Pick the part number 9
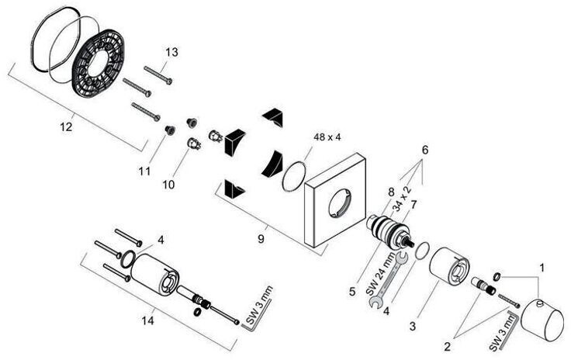(x=261, y=240)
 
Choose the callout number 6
(x=424, y=147)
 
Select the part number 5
(x=352, y=292)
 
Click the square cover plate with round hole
(x=337, y=208)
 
